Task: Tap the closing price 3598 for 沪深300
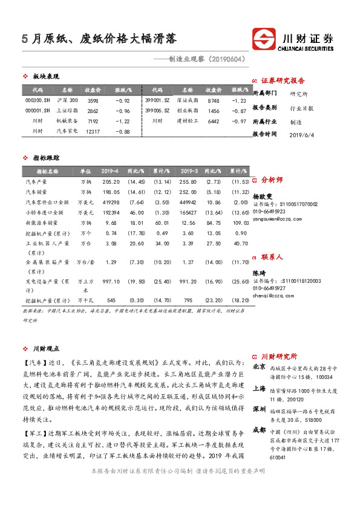(93, 100)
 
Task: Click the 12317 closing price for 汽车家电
(93, 131)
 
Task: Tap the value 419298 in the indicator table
(111, 202)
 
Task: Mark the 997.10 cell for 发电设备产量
(111, 281)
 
